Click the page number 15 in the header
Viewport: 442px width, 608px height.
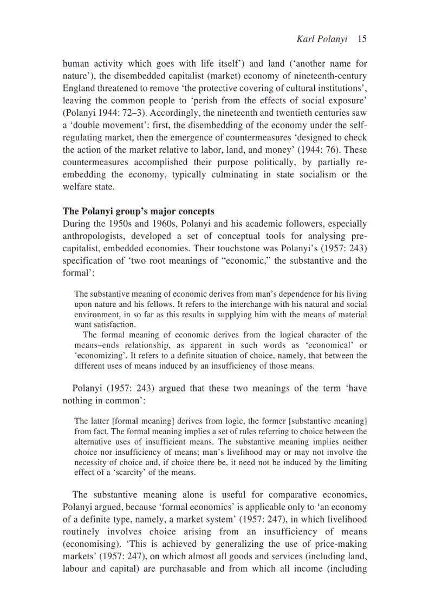pos(362,39)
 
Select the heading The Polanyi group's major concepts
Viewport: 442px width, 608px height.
pos(138,211)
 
